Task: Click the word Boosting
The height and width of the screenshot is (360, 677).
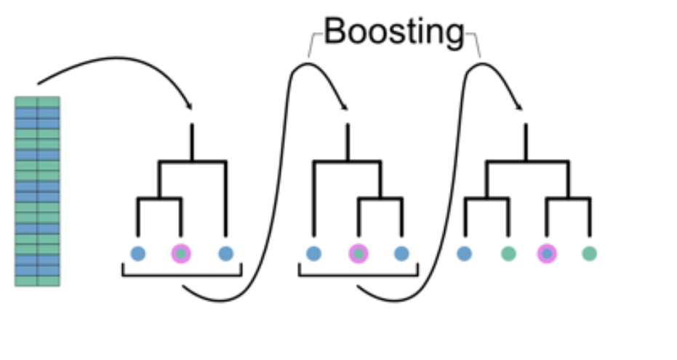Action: (393, 31)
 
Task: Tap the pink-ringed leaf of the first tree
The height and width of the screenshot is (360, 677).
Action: (181, 254)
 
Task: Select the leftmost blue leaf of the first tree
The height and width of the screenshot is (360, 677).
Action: (138, 254)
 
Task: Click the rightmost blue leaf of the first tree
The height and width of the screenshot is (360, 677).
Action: (226, 254)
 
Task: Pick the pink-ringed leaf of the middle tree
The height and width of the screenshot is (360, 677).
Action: (358, 254)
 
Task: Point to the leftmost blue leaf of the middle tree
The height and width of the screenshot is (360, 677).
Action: (313, 254)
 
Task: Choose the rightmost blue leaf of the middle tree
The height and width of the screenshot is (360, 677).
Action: (402, 254)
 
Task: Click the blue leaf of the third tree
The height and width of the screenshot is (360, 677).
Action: (464, 254)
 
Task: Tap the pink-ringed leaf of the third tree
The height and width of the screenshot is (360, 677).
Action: (547, 254)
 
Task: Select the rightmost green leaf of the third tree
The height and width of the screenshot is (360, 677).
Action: (590, 254)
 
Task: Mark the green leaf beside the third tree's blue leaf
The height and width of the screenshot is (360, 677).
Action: (508, 254)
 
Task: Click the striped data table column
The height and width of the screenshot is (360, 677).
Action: (37, 191)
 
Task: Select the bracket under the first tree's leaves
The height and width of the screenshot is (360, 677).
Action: (181, 275)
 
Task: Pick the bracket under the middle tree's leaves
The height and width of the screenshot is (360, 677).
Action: (358, 275)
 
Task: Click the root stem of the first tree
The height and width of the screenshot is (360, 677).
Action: (191, 143)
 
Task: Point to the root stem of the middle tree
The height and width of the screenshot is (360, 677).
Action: (348, 143)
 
